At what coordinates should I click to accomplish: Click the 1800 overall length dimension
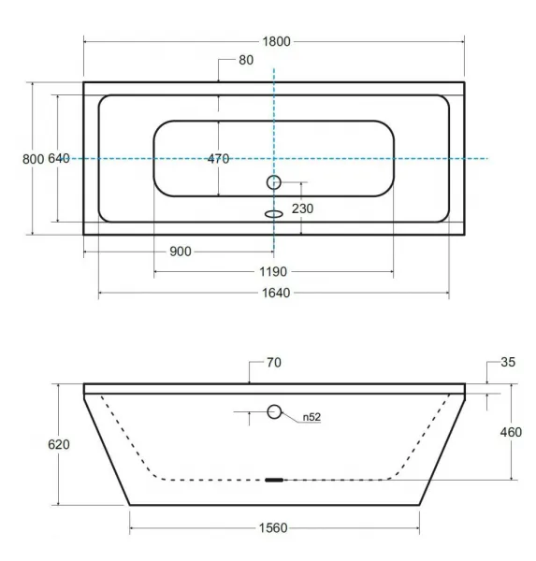coord(276,41)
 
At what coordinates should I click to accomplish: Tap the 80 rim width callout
coord(246,60)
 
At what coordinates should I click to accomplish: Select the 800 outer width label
coord(33,159)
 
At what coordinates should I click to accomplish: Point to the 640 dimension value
coord(59,158)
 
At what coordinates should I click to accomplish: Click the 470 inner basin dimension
coord(218,159)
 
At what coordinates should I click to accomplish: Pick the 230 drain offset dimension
coord(302,209)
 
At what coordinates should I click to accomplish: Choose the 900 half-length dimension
coord(181,252)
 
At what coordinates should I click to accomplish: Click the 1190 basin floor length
coord(273,271)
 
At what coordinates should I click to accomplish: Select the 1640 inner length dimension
coord(276,293)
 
